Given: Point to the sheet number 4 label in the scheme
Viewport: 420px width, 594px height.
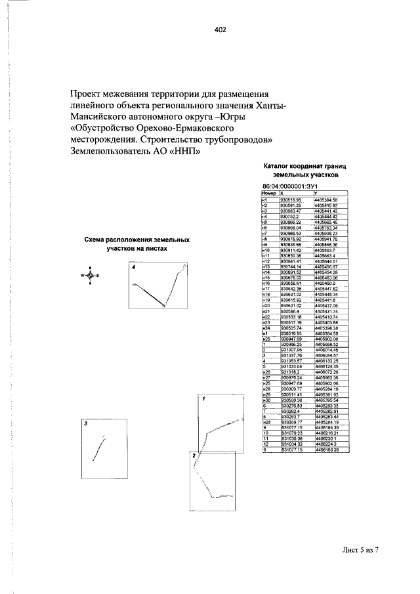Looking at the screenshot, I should (x=133, y=268).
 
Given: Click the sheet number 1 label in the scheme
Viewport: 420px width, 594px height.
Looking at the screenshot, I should (x=203, y=398).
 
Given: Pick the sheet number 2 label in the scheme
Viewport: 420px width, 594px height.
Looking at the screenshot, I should (x=193, y=454).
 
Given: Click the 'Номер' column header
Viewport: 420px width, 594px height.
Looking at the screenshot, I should (x=268, y=194).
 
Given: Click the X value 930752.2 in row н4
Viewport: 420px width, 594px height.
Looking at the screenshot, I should (x=289, y=216).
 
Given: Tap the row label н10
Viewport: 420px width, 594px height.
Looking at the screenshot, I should (x=266, y=250).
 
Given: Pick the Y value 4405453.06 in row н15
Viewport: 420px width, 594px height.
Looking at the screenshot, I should (x=326, y=278).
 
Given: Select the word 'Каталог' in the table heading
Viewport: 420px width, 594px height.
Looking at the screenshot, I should (x=277, y=167).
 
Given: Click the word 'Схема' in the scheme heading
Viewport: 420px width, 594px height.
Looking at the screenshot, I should (x=96, y=241).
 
